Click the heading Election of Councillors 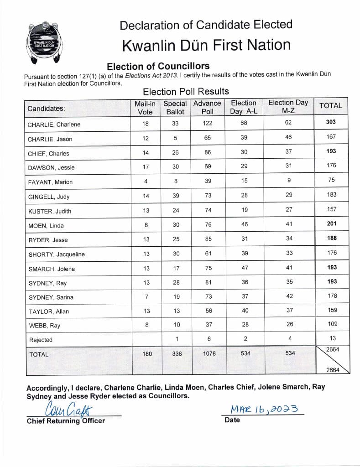pos(158,66)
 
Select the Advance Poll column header pos(207,107)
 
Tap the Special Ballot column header pos(175,107)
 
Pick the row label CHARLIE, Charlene pos(54,125)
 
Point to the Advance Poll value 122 pos(207,123)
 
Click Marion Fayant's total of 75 pos(332,180)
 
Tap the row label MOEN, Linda pos(46,225)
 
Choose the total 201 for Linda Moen pos(332,223)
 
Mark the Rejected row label pos(41,340)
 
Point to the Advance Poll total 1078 pos(209,353)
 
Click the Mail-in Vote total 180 pos(147,353)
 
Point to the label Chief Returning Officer pos(66,421)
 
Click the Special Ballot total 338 pos(176,353)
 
